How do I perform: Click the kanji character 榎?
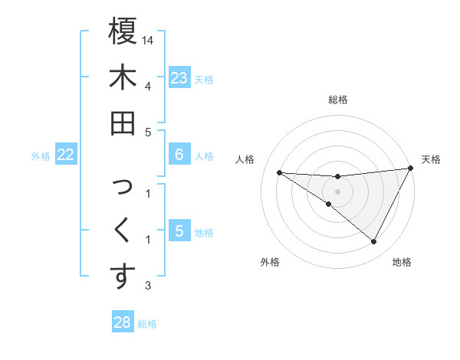pos(123,31)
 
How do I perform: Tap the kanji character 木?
pos(123,77)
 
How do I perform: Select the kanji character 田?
pos(123,123)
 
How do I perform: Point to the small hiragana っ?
pos(123,188)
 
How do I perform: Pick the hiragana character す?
pos(123,277)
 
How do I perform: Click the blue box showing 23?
pos(179,78)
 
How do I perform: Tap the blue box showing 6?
pos(179,155)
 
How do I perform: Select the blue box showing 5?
pos(179,231)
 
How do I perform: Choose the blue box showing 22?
pos(66,155)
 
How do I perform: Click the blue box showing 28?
pos(123,322)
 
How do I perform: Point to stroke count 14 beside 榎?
pos(149,39)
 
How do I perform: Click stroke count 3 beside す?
pos(148,286)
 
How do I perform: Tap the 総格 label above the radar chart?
pos(338,100)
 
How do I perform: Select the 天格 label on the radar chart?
pos(432,159)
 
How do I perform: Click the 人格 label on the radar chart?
pos(245,159)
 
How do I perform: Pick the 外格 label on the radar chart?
pos(270,262)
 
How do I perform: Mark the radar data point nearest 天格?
pos(411,169)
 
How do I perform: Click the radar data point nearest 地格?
pos(374,242)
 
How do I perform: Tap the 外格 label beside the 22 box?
pos(41,155)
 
